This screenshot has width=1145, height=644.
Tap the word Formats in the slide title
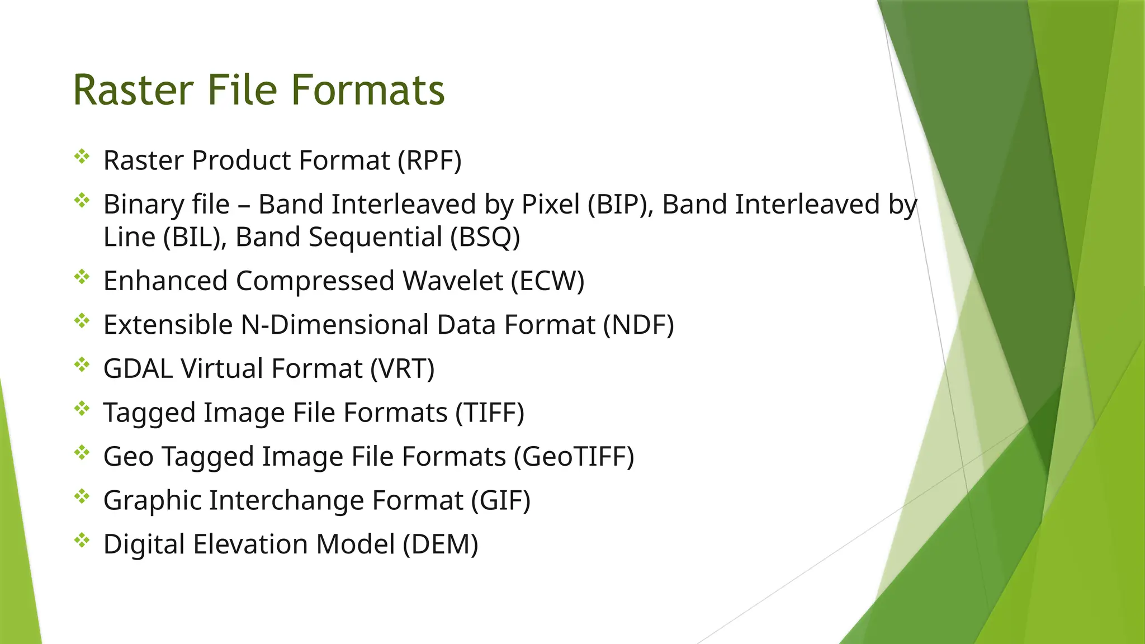pos(368,91)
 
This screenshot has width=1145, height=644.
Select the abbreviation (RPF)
pos(429,161)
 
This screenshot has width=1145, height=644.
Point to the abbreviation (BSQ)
pos(485,237)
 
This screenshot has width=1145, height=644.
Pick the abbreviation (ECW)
pos(547,281)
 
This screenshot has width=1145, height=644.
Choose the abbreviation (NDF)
pos(638,325)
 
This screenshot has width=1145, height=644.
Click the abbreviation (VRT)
pos(402,369)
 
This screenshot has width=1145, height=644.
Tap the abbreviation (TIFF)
pos(490,413)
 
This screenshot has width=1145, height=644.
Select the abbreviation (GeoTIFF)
pos(574,457)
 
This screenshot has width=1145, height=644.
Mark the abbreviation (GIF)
pos(500,500)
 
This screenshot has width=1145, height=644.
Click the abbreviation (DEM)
pos(441,544)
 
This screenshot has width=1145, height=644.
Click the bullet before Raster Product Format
pos(82,157)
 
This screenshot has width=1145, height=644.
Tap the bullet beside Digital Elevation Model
pos(82,541)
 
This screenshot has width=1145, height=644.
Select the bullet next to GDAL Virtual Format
pos(82,365)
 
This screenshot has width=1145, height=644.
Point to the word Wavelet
pos(452,281)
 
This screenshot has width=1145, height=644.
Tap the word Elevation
pos(250,544)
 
